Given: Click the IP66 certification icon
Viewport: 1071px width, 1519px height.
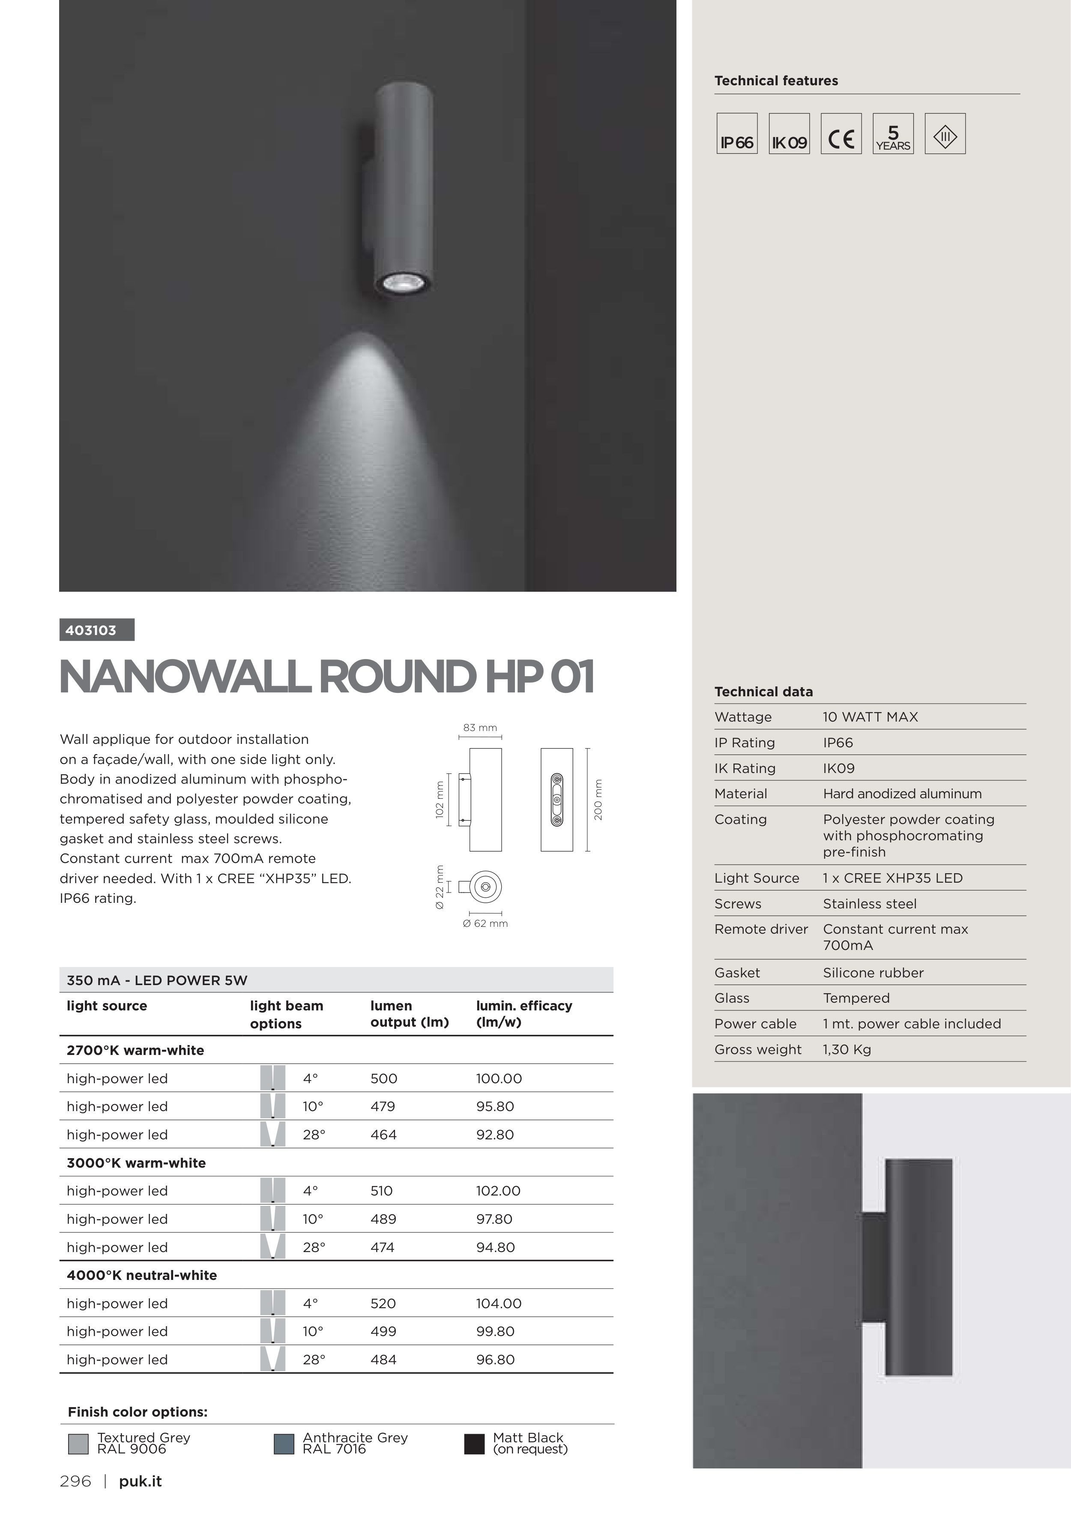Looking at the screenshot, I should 736,134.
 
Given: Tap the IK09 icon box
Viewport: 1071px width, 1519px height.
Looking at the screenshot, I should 789,134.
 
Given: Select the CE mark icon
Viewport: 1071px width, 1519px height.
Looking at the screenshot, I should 841,134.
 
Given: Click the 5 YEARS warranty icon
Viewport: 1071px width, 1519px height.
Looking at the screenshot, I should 893,134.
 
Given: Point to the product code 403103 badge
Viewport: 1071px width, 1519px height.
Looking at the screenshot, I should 96,630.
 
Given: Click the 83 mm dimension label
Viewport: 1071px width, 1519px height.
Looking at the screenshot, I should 480,728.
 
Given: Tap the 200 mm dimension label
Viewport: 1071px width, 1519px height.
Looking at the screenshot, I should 598,800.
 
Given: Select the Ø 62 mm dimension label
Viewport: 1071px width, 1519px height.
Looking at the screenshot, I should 485,923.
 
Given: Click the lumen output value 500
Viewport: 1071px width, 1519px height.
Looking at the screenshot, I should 384,1079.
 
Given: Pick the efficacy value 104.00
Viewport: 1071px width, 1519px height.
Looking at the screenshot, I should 499,1303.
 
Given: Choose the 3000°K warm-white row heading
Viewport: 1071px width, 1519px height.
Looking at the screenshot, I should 136,1163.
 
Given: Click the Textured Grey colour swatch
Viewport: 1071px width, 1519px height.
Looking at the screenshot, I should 78,1444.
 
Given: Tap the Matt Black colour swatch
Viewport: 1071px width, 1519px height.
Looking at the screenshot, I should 474,1444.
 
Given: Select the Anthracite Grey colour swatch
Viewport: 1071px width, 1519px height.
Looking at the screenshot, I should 284,1444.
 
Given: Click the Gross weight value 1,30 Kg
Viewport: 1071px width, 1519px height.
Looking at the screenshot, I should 847,1049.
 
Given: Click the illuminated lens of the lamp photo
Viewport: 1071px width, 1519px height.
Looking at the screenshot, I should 403,284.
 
